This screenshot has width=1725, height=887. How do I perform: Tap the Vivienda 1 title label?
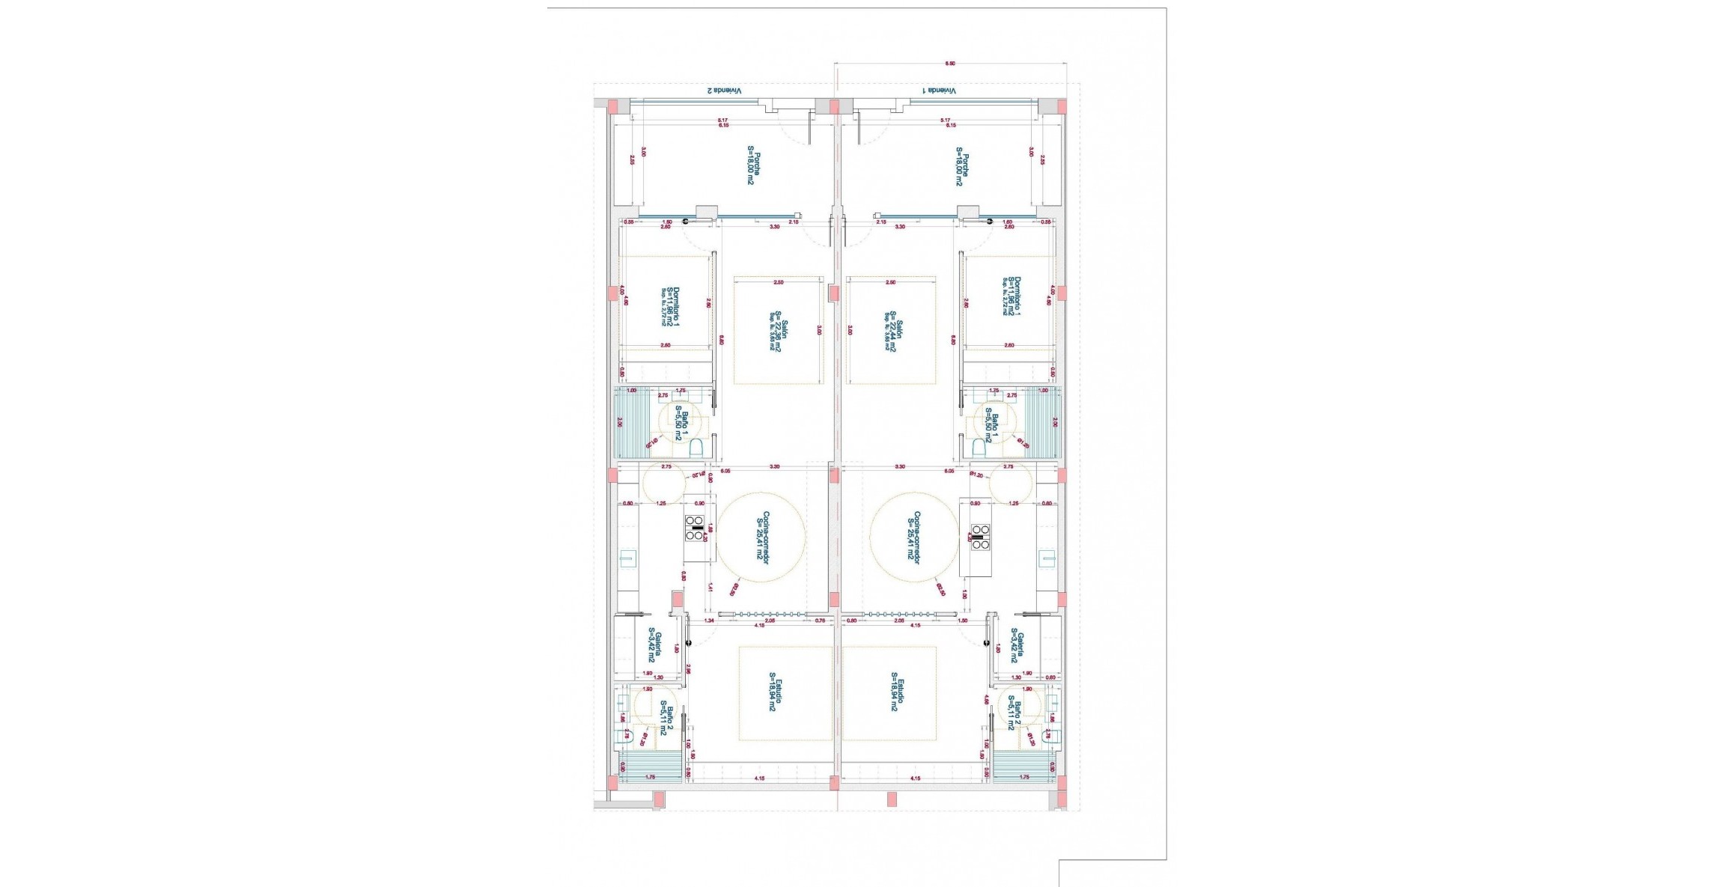pos(940,91)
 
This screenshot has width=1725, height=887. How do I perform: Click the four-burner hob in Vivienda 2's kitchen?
pos(694,528)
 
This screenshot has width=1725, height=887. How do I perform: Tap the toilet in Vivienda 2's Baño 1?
pos(696,448)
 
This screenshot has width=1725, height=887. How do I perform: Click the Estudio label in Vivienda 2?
pos(774,692)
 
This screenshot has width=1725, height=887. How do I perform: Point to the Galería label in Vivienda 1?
pos(1016,647)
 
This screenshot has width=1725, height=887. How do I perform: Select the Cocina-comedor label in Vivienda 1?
pos(914,537)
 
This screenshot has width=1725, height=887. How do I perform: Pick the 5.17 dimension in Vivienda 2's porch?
pos(722,120)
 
